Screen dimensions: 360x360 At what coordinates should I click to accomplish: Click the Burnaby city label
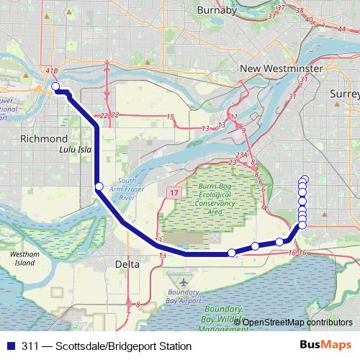coord(218,12)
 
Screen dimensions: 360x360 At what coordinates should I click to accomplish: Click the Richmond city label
coord(44,138)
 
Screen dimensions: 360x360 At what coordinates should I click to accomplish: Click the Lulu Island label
coord(75,150)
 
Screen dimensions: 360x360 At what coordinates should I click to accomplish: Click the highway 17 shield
coord(174,193)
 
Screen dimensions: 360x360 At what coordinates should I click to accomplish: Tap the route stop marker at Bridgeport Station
coord(55,88)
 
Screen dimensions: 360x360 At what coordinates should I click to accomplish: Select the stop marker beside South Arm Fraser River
coord(99,187)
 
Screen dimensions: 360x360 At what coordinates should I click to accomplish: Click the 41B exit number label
coord(51,71)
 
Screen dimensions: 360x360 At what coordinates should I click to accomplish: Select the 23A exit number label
coord(241,155)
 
